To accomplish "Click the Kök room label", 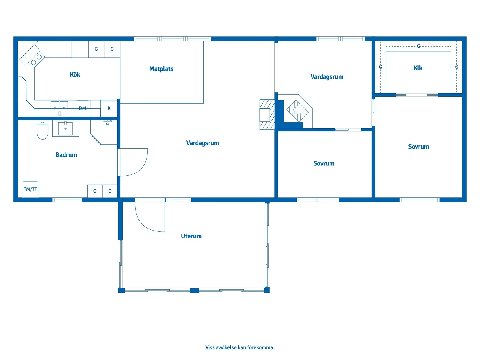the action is coord(75,74).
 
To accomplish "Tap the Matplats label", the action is coord(161,69).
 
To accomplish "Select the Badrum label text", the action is coord(66,155).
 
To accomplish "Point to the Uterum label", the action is coord(191,236).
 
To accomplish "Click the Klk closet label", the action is coord(418,68).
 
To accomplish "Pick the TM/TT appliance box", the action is coord(30,189).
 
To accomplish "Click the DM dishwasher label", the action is coord(82,108).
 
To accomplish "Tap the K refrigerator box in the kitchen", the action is coord(109,109).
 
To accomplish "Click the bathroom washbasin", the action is coord(65,129).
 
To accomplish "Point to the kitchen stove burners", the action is coord(36,60).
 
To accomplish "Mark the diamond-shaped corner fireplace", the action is coord(297,111).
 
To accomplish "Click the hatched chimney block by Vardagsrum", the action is coord(267,115).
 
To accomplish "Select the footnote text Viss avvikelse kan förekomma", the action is coord(240,347).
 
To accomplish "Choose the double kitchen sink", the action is coord(59,108).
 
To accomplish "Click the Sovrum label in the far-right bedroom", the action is coord(418,147).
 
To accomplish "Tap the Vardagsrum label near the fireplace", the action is coord(327,77).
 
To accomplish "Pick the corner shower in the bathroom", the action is coord(104,133).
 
